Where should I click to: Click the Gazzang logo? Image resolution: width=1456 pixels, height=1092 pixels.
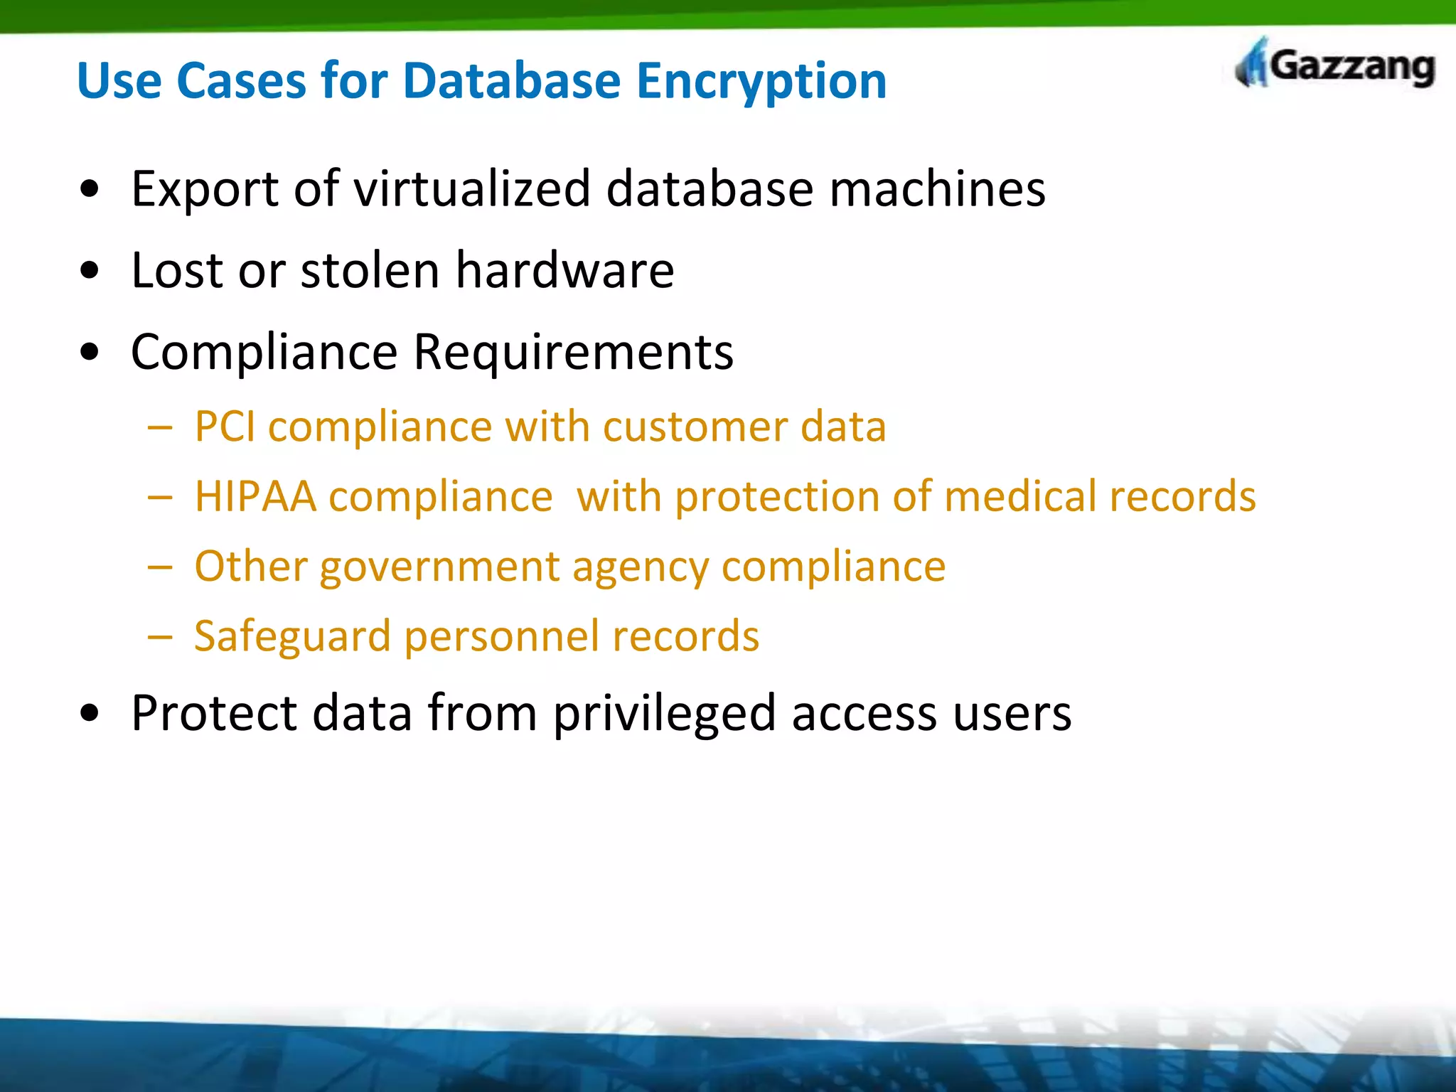pos(1335,65)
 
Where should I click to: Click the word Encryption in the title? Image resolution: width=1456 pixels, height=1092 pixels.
pos(761,81)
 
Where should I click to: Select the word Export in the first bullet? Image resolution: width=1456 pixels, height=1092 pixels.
pos(205,191)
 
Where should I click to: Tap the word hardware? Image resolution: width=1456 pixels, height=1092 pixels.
pos(564,271)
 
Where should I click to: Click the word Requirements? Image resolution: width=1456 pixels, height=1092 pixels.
pos(573,353)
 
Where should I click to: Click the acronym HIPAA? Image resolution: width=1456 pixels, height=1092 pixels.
pos(255,496)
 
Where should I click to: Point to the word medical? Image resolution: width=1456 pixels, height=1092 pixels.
pos(1020,496)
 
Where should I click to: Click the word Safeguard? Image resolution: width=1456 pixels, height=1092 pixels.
pos(292,636)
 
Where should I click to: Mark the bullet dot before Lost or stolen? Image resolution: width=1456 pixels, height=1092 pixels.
pos(90,271)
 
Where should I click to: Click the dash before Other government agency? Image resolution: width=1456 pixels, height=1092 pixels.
pos(160,567)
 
